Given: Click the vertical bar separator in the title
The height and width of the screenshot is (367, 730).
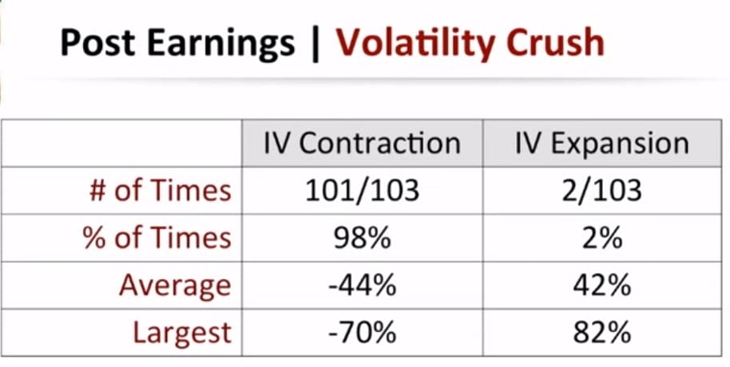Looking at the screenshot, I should (x=315, y=42).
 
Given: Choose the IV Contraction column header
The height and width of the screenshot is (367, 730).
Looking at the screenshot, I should (x=362, y=143).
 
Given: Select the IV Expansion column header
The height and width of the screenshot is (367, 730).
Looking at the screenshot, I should (x=601, y=143).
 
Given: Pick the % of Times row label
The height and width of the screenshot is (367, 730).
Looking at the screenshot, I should (x=157, y=237).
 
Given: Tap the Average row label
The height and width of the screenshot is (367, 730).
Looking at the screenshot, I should (x=175, y=284).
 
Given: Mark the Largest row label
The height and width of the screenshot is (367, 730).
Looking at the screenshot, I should (x=181, y=331).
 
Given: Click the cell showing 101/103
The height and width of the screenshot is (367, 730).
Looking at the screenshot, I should (x=362, y=190).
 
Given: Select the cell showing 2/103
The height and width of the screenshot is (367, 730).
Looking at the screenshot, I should (x=601, y=190).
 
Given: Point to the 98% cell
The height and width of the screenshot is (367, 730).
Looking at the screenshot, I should (x=362, y=237).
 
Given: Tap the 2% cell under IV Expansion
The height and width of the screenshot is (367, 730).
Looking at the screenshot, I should (x=601, y=237).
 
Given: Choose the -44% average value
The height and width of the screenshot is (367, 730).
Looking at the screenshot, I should (x=362, y=284).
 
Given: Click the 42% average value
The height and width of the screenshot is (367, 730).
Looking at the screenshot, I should (x=601, y=284).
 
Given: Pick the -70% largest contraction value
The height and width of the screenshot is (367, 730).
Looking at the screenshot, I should (x=362, y=331).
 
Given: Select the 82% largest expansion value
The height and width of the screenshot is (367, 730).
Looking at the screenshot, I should (x=601, y=331).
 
